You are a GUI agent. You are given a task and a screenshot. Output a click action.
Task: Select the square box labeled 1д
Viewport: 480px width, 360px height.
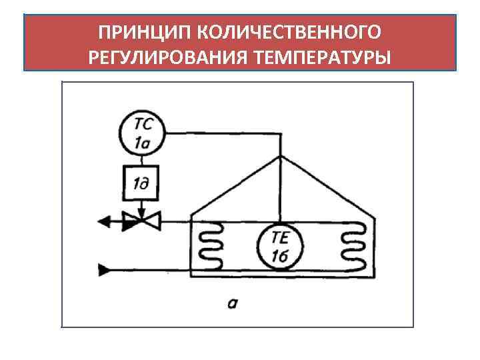coord(141,182)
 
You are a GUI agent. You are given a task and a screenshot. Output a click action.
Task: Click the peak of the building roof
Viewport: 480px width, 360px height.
coord(281,157)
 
